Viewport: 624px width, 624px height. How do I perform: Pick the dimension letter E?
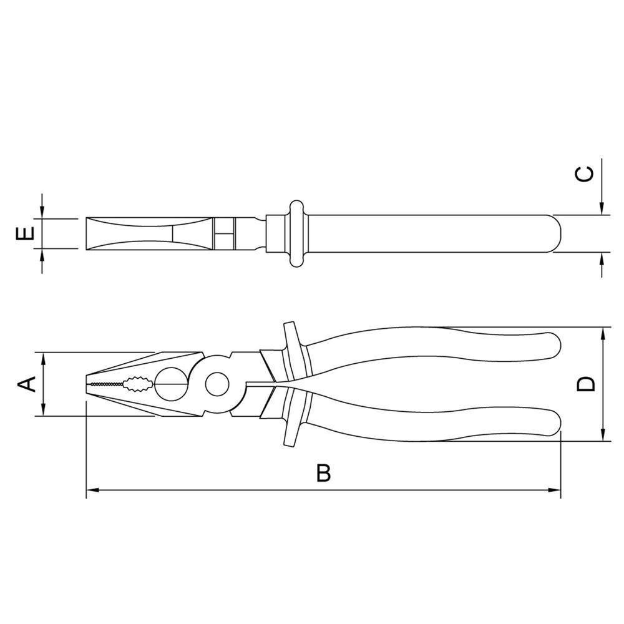point(24,234)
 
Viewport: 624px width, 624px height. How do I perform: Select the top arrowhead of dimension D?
point(603,333)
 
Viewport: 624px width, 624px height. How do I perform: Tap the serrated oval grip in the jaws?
point(137,383)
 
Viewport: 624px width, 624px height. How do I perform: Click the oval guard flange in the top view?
point(296,233)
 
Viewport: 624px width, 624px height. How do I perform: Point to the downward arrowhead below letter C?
point(602,210)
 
